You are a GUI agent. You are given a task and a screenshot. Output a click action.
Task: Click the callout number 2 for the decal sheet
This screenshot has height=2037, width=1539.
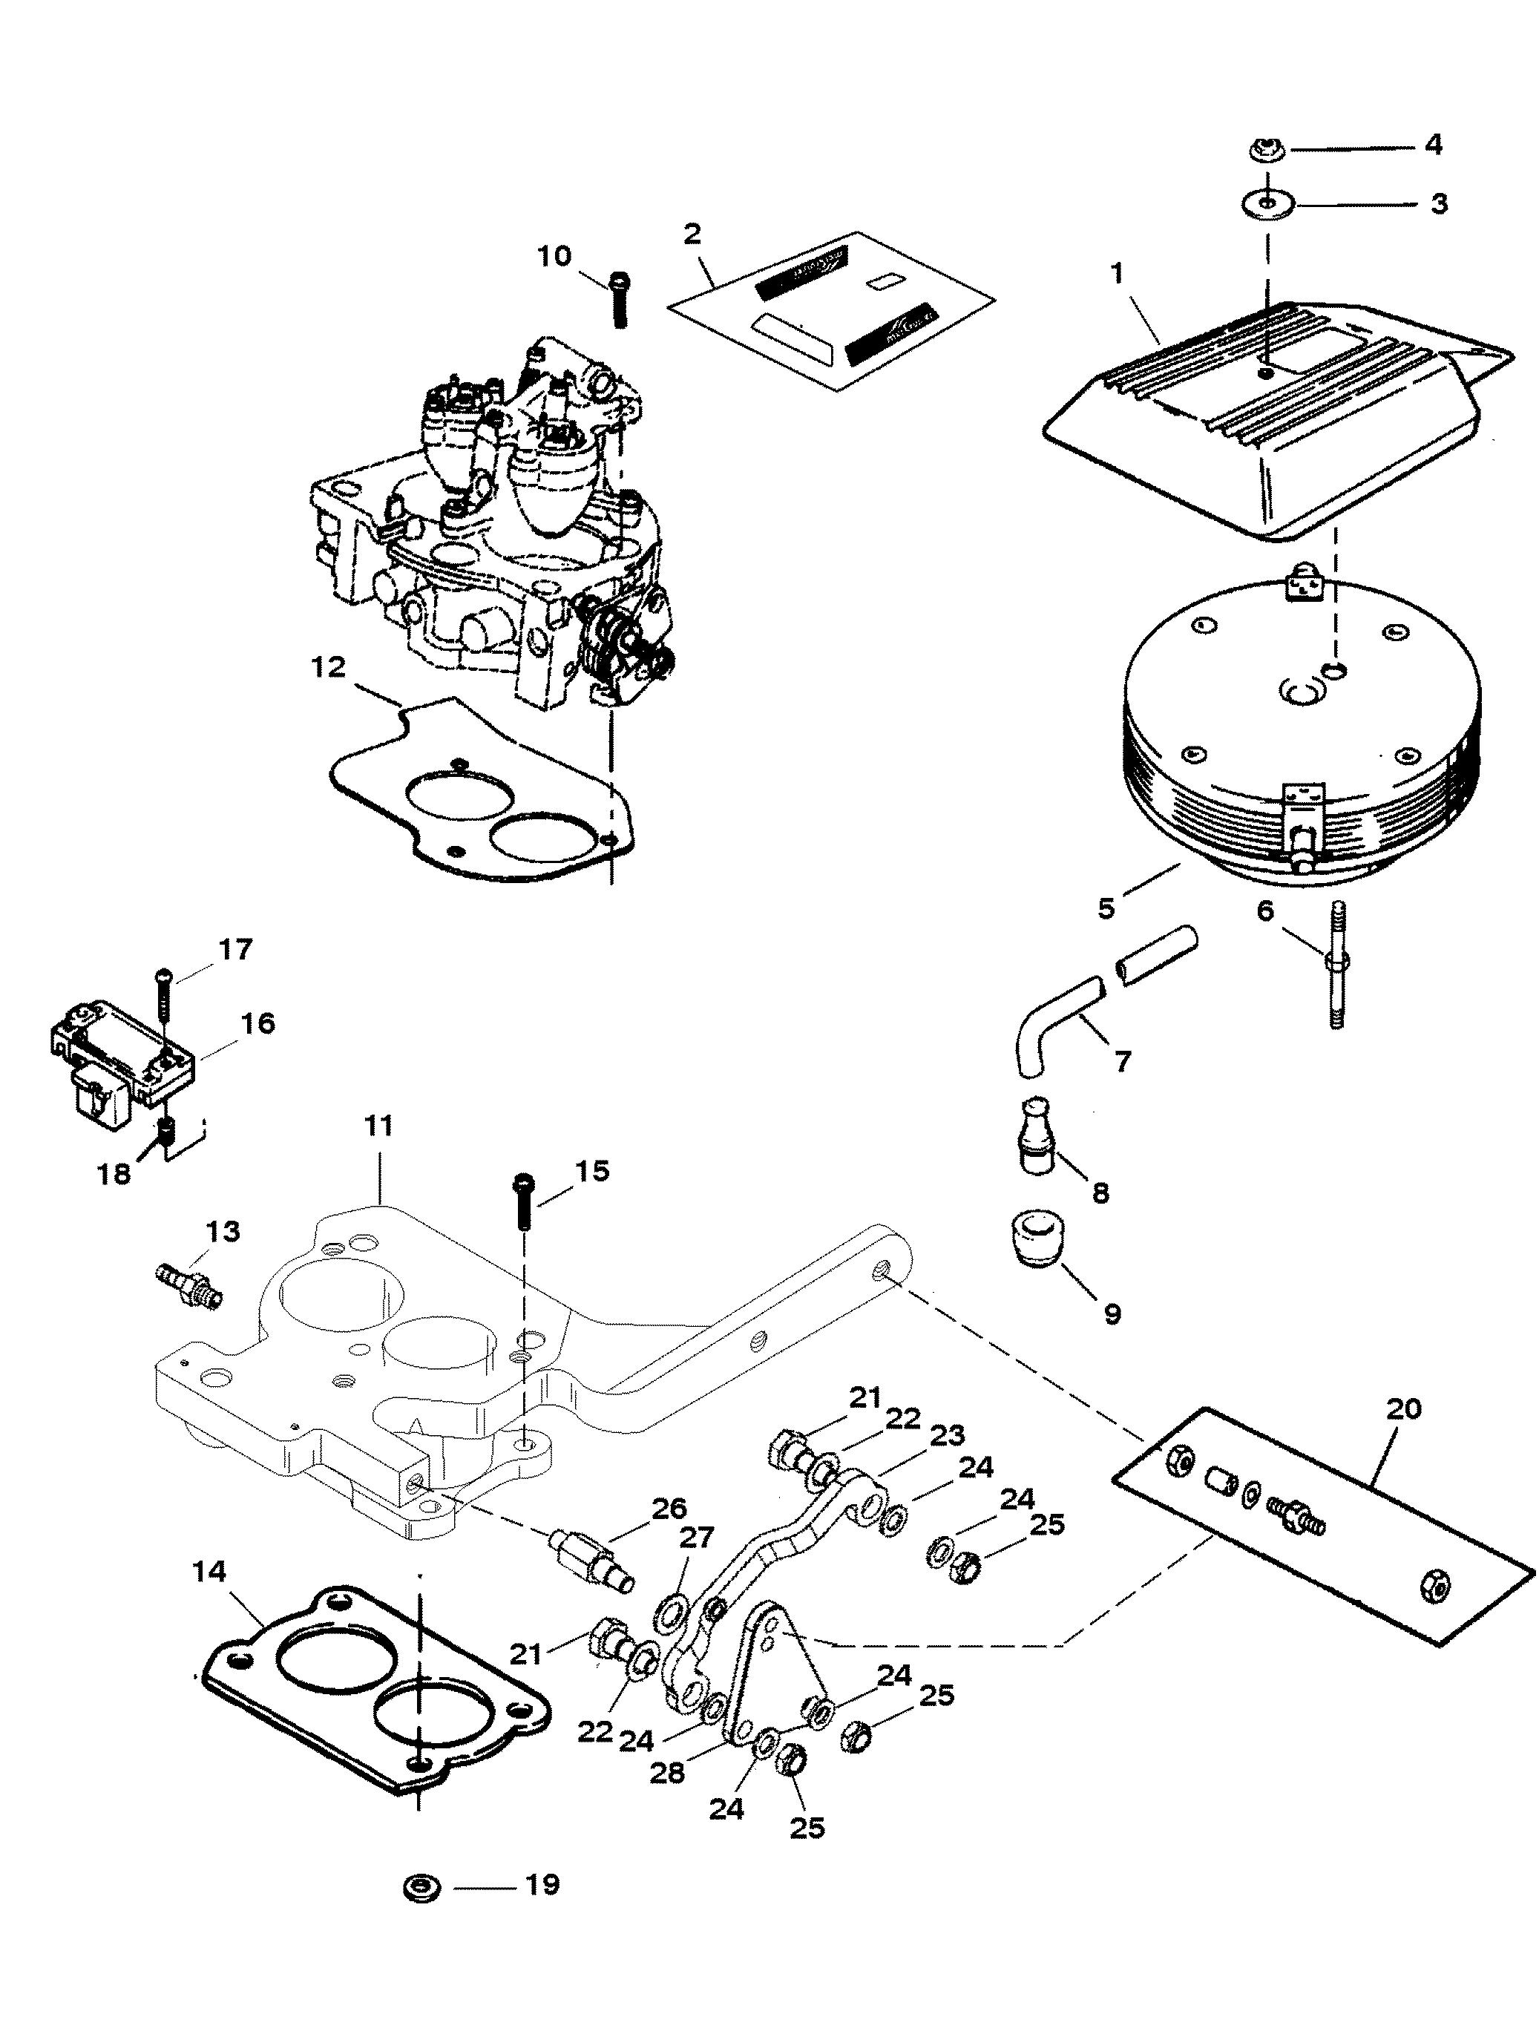692,233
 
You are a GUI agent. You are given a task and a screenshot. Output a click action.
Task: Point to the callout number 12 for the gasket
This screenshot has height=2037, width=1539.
329,666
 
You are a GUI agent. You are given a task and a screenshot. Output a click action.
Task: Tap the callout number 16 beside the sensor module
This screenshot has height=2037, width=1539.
258,1023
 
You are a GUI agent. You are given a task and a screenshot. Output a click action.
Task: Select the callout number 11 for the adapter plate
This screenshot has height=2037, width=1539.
378,1126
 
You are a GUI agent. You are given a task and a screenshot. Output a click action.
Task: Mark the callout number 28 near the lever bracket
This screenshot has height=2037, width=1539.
668,1774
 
